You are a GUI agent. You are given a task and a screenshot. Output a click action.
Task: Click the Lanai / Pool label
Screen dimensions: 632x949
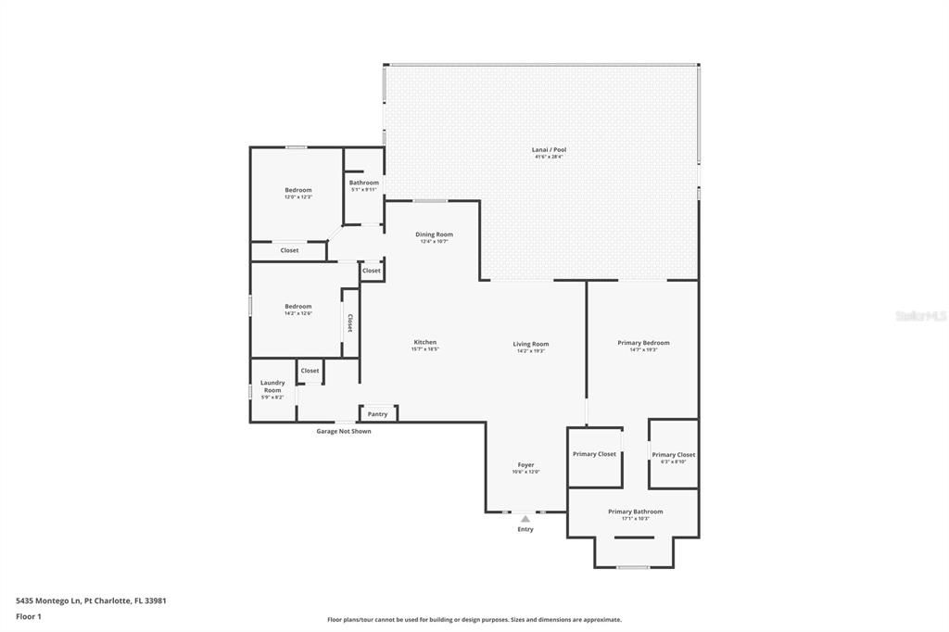point(550,149)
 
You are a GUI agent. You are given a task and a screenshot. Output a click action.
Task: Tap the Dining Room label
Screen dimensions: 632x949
point(434,234)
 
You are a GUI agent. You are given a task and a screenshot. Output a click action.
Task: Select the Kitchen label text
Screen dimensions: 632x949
point(424,342)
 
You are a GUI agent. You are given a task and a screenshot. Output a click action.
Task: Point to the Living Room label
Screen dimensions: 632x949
point(531,344)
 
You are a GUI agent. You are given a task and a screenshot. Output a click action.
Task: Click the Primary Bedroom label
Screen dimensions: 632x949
point(643,343)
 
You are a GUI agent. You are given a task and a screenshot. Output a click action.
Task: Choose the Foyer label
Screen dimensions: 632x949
point(525,465)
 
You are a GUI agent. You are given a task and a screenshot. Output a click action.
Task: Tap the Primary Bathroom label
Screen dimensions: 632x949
point(635,512)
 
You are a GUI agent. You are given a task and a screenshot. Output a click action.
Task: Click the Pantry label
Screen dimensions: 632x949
point(377,414)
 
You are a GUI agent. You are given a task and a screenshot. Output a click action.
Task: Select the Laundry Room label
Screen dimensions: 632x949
point(272,386)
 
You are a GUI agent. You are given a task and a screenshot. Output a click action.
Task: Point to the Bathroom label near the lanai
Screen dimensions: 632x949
point(363,183)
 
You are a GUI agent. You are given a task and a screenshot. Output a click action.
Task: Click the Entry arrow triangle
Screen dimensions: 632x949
point(525,519)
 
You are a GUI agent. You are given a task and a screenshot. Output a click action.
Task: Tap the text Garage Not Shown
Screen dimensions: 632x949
point(344,431)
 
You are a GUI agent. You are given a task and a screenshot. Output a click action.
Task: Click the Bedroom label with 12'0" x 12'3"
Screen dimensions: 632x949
point(298,190)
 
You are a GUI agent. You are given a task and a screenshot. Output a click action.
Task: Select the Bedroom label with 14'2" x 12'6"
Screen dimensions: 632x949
point(298,307)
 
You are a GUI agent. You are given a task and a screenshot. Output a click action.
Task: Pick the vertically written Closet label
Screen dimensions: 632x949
point(349,322)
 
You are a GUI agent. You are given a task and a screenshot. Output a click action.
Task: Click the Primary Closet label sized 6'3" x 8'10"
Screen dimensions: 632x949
point(673,455)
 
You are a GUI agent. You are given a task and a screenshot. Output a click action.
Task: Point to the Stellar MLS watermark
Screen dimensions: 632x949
point(920,316)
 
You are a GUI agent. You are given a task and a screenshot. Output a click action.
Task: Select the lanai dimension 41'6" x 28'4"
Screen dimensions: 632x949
point(549,157)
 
